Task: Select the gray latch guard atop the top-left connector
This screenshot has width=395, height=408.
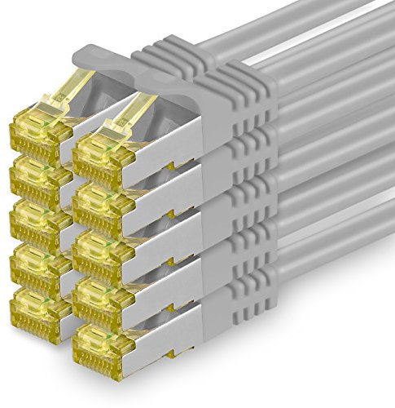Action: click(x=98, y=57)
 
